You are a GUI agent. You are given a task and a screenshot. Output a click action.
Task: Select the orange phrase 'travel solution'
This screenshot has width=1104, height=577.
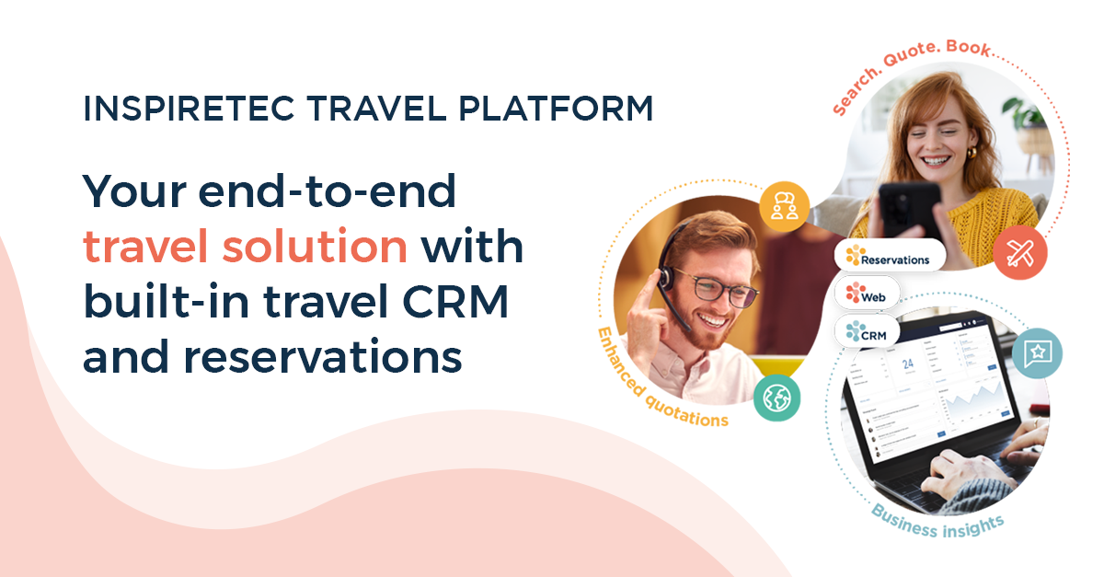(245, 247)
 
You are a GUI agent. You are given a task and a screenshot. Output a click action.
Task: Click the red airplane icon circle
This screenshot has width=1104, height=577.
(1019, 252)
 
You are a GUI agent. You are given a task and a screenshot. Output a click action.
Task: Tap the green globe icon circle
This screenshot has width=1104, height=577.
(776, 398)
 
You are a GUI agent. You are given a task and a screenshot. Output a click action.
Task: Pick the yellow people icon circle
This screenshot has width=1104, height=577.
(784, 204)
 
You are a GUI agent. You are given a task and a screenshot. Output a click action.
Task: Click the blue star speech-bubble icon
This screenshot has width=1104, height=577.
(1037, 352)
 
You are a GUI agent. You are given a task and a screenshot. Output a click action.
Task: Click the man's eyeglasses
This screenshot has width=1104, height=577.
(718, 294)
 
